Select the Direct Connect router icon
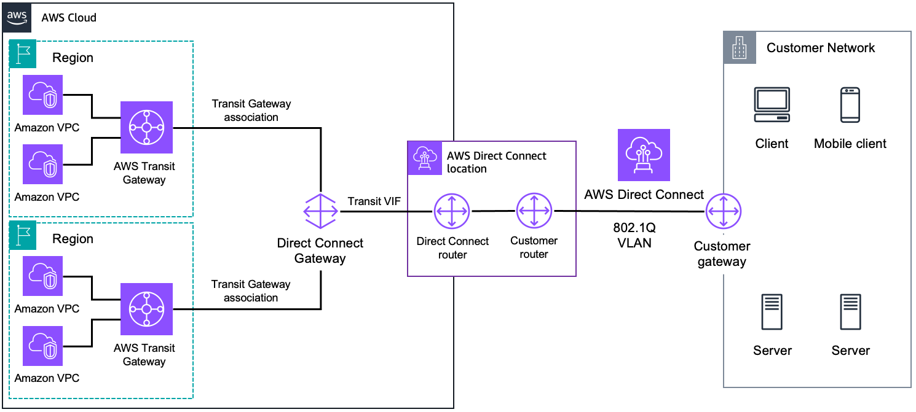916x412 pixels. click(452, 211)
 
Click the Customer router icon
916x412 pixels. click(534, 211)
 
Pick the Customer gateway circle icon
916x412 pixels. click(723, 212)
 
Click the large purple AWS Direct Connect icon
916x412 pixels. click(644, 155)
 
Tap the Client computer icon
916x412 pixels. click(772, 105)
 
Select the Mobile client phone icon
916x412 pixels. click(850, 105)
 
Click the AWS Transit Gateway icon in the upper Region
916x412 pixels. click(147, 128)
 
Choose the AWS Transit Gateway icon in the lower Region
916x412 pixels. click(147, 309)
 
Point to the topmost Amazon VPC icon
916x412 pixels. click(43, 95)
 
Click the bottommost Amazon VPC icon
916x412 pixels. click(43, 346)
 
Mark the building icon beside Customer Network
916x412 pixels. click(738, 47)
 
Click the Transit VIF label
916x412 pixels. click(374, 201)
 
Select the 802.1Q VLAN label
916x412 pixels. click(634, 235)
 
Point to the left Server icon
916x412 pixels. click(772, 313)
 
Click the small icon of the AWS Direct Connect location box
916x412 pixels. click(424, 158)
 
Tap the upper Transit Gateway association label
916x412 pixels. click(251, 111)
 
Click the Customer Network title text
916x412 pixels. click(821, 48)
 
